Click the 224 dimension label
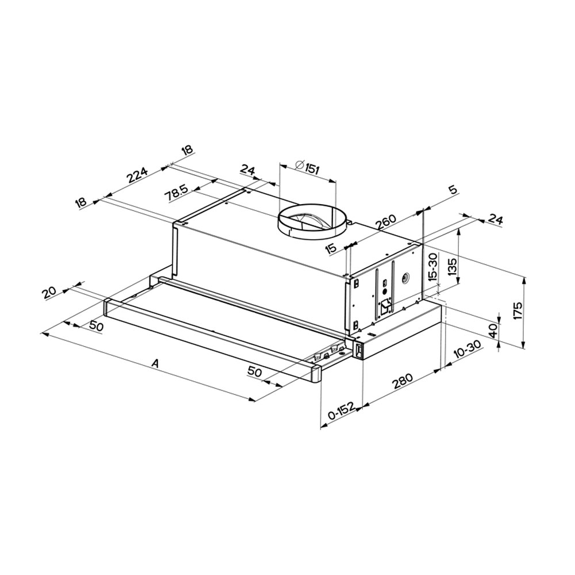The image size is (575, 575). (x=137, y=175)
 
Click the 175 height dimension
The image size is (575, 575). (x=517, y=310)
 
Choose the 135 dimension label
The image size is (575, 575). (x=452, y=267)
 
